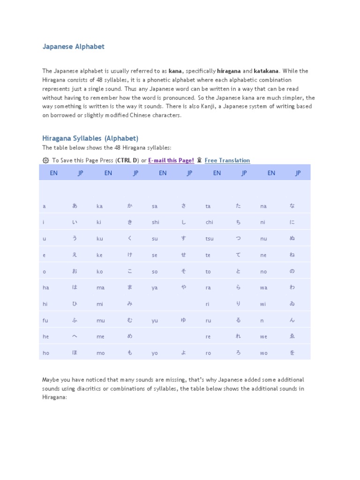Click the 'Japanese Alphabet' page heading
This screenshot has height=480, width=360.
(x=74, y=47)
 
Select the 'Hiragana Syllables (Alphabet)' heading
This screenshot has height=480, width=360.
(x=90, y=138)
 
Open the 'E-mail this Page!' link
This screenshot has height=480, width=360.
(x=171, y=160)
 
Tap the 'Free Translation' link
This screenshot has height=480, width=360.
(x=227, y=160)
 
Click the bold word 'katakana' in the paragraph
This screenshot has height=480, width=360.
(x=266, y=71)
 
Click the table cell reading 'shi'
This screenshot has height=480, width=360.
(x=156, y=223)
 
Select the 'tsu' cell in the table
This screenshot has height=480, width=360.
(x=210, y=239)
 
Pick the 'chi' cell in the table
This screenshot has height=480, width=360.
(x=209, y=223)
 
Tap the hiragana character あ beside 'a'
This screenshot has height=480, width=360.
(x=75, y=206)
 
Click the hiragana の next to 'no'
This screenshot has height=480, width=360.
(x=292, y=271)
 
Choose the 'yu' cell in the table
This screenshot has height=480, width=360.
(x=155, y=321)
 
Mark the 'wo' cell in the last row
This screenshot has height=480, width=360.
(x=264, y=353)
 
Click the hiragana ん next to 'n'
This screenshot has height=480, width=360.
(x=292, y=320)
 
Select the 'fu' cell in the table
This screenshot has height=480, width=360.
(x=45, y=321)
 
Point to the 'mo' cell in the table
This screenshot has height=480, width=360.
(x=100, y=353)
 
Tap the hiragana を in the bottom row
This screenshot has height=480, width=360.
(x=292, y=353)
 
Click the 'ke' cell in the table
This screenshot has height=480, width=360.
(x=99, y=255)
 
